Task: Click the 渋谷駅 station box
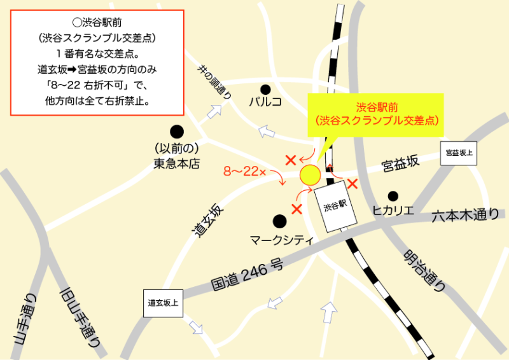click(335, 205)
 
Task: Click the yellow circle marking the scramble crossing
click(310, 173)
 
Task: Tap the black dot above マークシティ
click(279, 221)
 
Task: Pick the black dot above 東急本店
click(177, 132)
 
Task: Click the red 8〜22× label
click(245, 171)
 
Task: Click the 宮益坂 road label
click(400, 164)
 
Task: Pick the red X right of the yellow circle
click(351, 184)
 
